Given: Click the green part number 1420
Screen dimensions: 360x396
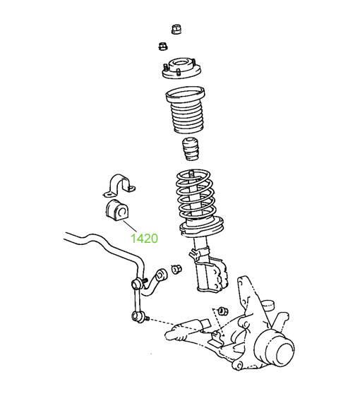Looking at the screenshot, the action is tap(144, 239).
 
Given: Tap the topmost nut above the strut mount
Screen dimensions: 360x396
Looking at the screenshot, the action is tap(176, 29).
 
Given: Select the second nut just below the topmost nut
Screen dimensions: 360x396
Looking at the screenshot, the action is tap(163, 47).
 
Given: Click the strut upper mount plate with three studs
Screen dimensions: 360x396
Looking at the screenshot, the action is tap(181, 68).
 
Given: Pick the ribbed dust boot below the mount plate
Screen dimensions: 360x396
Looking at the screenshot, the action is tap(186, 110).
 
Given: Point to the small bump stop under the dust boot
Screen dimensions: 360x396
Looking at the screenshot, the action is tap(190, 149).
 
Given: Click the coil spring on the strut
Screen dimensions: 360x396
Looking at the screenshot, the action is tap(196, 194).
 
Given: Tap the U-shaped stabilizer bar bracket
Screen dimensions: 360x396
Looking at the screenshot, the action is tap(119, 186).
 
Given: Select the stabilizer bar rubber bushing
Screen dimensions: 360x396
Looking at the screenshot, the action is tap(117, 210).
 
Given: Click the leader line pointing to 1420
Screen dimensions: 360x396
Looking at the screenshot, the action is tap(130, 226).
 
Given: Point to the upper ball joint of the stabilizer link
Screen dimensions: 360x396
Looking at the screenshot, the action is tap(137, 284).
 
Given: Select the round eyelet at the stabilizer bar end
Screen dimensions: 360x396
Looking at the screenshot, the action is tap(161, 275).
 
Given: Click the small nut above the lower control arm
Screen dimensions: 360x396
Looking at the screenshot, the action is tap(223, 311).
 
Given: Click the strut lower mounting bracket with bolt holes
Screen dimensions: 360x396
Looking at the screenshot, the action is tap(212, 275).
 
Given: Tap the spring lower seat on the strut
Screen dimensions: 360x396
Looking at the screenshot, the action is tap(201, 227).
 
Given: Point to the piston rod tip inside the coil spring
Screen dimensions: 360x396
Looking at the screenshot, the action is tap(191, 173).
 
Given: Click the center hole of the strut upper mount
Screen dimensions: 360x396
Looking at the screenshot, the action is tap(181, 63).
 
